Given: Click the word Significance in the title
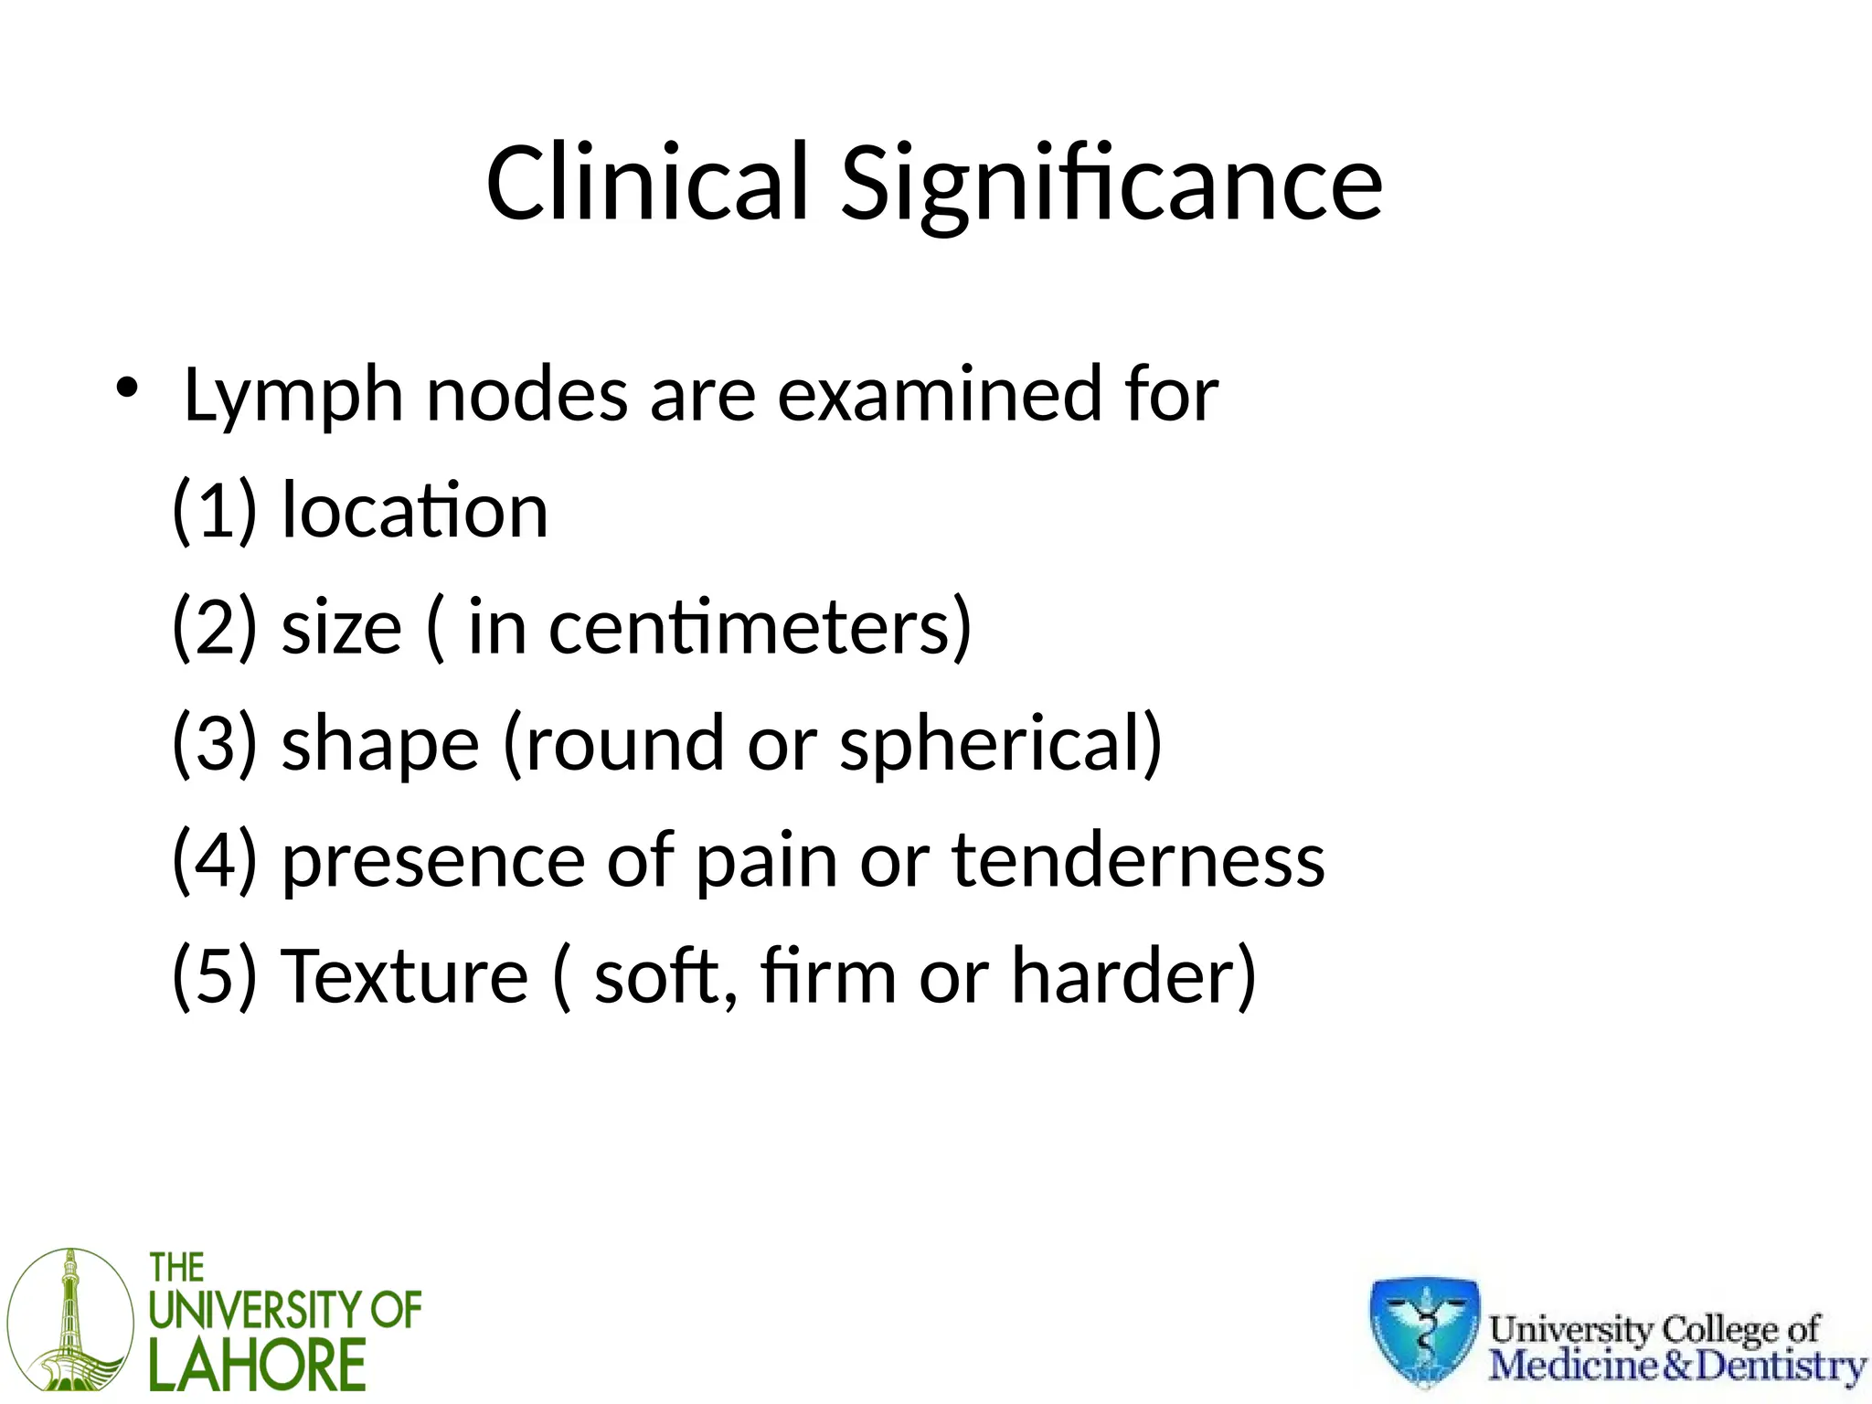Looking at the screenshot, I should [1111, 187].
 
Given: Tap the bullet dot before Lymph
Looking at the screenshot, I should [126, 388].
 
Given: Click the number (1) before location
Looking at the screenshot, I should [215, 511].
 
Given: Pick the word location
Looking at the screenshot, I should [414, 510].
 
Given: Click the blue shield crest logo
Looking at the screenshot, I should [1424, 1330].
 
